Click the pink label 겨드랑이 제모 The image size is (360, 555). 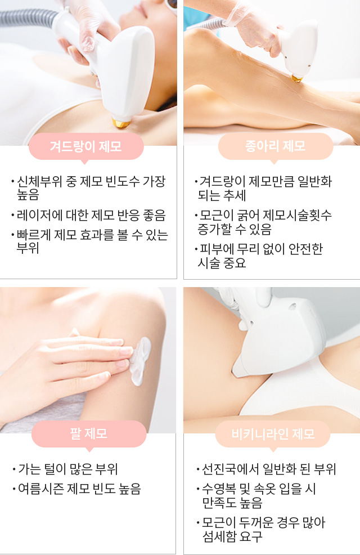(x=86, y=146)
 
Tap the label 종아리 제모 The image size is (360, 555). (x=276, y=146)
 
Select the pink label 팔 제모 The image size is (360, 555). (x=89, y=433)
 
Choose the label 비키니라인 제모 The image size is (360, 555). (x=273, y=433)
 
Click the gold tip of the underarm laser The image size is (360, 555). (x=121, y=123)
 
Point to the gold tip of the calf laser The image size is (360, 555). (x=296, y=78)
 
